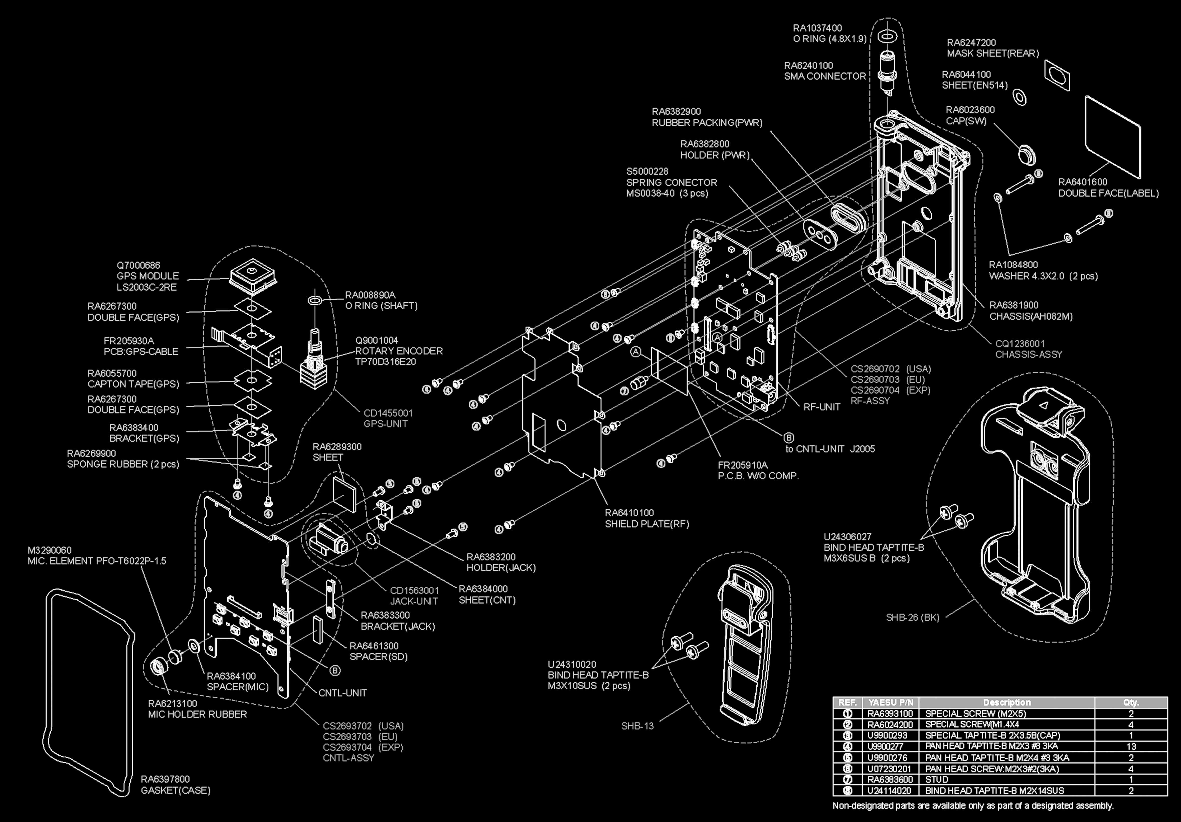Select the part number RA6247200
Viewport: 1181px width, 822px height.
click(971, 43)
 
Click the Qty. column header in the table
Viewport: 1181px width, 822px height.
click(1131, 702)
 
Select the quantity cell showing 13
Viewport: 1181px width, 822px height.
click(1131, 746)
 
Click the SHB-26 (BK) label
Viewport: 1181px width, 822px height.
click(913, 617)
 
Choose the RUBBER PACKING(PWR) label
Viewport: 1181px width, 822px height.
click(707, 122)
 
